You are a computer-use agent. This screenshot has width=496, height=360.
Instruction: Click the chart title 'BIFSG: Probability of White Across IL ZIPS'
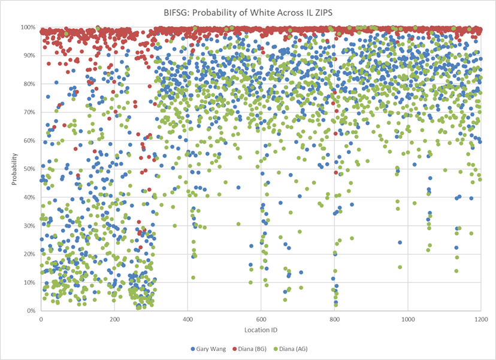247,11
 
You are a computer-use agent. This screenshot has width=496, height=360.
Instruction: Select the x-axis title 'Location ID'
261,330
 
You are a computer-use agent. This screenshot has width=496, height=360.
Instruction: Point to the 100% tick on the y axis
29,28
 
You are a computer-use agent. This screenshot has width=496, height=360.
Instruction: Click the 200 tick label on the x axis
114,319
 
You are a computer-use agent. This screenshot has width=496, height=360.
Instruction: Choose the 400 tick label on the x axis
187,319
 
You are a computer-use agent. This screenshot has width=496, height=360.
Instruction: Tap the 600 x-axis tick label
261,319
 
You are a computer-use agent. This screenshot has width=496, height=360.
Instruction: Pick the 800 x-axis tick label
334,319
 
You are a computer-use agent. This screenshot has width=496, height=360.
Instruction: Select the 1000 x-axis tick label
408,319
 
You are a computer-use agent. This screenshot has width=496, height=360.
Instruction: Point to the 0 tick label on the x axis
41,319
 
